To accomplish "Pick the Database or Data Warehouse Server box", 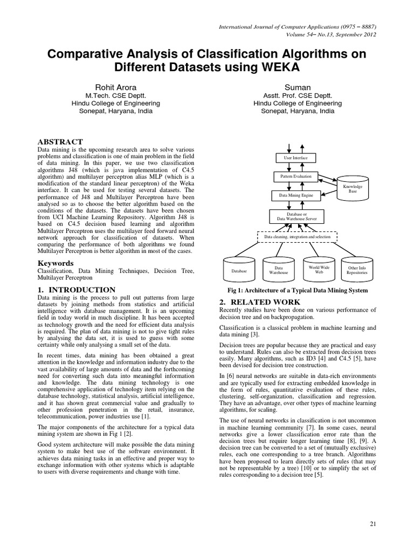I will (x=293, y=217).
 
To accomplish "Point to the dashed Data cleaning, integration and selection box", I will (x=294, y=236).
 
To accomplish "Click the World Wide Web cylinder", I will (x=319, y=270).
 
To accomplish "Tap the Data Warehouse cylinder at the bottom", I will (x=279, y=270).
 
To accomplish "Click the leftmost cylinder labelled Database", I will (x=239, y=270).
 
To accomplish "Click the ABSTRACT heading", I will (x=60, y=142).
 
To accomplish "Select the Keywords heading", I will (x=56, y=263).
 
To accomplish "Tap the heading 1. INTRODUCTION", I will (x=76, y=290).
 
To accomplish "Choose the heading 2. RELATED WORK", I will (x=251, y=302).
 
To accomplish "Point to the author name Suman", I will (x=298, y=87).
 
